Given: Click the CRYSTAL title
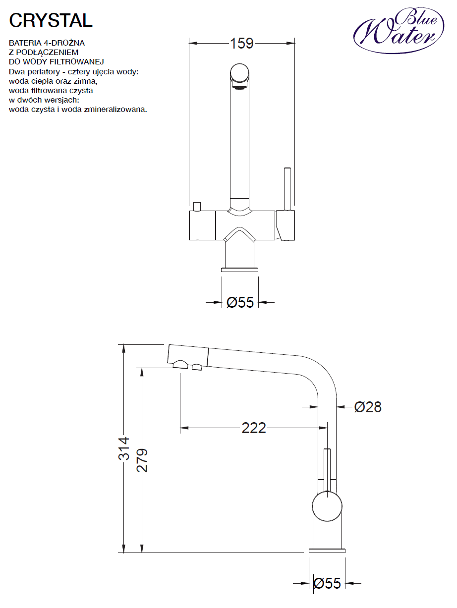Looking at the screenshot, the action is (x=51, y=20).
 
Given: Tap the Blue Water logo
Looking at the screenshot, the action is (x=399, y=30).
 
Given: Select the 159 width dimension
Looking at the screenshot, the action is (x=242, y=43).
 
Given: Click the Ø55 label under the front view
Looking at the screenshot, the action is (x=240, y=302).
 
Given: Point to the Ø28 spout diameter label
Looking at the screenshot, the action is (x=368, y=407).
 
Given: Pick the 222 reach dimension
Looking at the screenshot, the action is (x=254, y=428).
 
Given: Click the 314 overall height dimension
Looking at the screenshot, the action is (x=124, y=448).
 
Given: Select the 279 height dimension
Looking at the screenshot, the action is (x=142, y=460).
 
